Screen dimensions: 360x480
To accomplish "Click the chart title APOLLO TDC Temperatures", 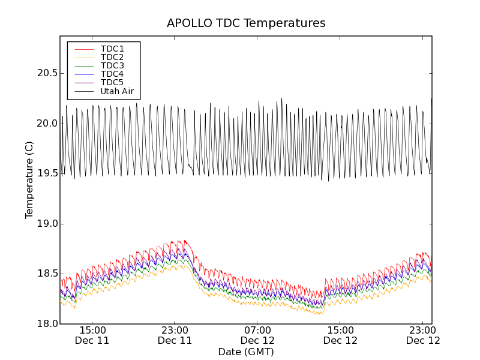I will pos(246,23).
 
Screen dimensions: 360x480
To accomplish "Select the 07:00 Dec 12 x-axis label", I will pos(257,335).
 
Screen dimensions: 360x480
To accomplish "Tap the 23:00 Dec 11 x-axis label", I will pos(175,335).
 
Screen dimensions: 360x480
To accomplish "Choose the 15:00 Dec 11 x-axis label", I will pos(92,335).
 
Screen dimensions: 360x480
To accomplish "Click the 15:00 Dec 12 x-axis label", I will pos(340,335).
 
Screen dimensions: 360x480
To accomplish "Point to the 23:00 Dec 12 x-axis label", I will pos(423,335).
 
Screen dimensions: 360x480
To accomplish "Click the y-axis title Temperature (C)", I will pos(29,180).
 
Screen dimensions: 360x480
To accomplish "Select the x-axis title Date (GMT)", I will pos(246,352).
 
